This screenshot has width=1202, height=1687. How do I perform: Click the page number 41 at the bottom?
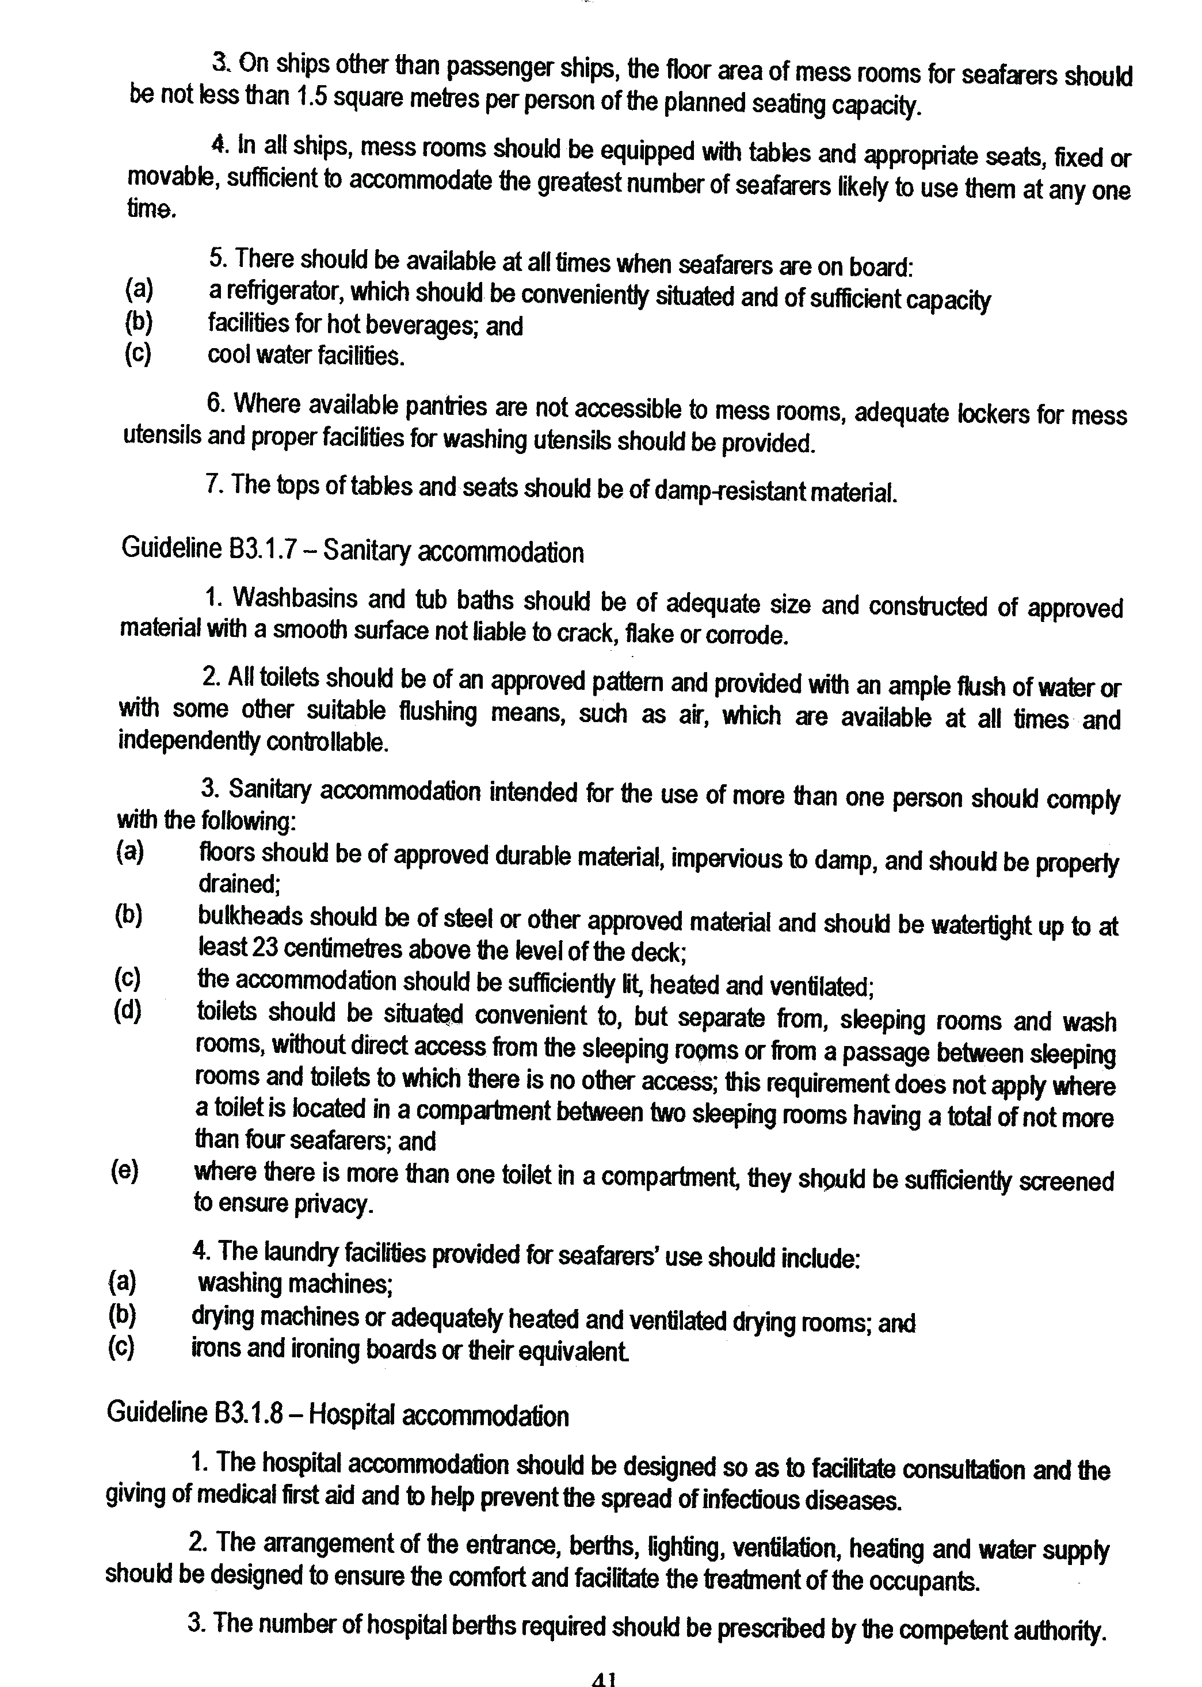(x=604, y=1679)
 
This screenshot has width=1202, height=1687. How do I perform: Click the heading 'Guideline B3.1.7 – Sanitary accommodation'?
(x=352, y=551)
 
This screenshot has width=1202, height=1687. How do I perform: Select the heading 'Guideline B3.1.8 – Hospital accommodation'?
(x=338, y=1415)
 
